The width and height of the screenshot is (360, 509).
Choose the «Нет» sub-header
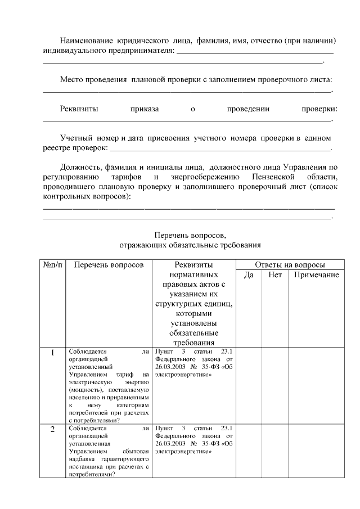pyautogui.click(x=275, y=275)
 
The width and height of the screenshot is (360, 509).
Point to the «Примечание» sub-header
pyautogui.click(x=316, y=275)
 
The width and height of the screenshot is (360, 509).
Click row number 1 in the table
pyautogui.click(x=52, y=353)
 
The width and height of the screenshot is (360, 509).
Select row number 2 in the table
pyautogui.click(x=52, y=430)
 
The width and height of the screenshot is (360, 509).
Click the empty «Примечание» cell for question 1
pyautogui.click(x=316, y=385)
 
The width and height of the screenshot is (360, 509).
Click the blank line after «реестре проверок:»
pyautogui.click(x=220, y=150)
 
